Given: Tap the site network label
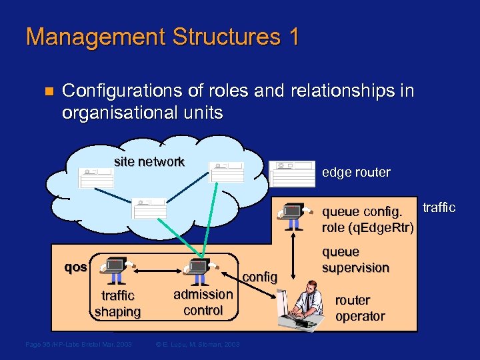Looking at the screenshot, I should (x=149, y=161).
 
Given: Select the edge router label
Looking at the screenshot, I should (x=356, y=173).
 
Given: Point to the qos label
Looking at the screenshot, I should (x=75, y=267).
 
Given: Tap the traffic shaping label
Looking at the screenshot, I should (x=117, y=303).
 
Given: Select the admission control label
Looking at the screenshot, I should (x=203, y=302).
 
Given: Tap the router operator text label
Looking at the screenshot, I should (x=360, y=308).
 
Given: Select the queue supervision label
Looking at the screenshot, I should (x=355, y=260).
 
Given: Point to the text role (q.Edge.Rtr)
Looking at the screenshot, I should (x=367, y=228).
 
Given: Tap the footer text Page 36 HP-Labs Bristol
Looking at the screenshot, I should (x=78, y=344).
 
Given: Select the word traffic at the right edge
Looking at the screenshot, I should (x=439, y=208).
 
